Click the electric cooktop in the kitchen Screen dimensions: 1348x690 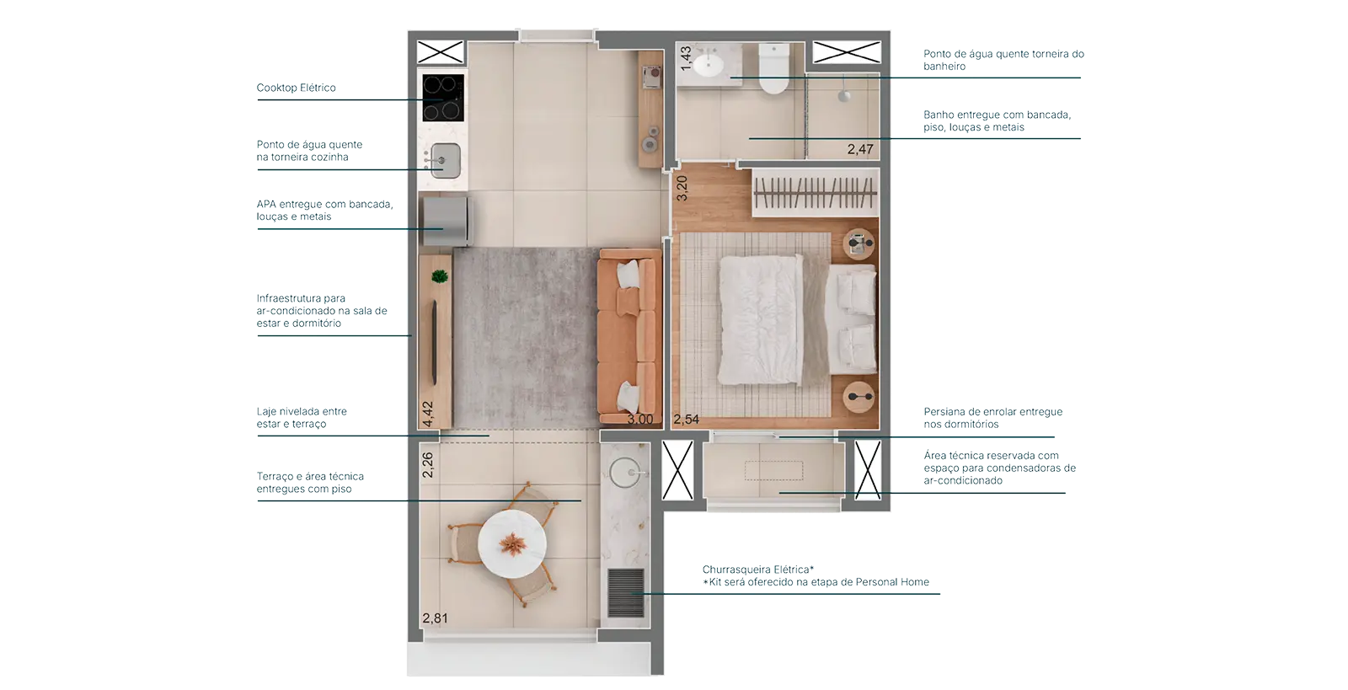click(x=443, y=98)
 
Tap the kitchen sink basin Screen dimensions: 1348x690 click(x=446, y=161)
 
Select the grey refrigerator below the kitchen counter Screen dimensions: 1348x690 click(x=447, y=222)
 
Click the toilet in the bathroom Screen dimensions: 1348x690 click(x=773, y=68)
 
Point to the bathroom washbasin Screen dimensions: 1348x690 click(x=709, y=64)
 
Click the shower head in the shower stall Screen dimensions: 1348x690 click(x=844, y=95)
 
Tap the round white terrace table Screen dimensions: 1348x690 click(x=512, y=544)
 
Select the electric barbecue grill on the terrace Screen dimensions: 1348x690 click(x=626, y=592)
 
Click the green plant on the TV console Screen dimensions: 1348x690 click(x=440, y=276)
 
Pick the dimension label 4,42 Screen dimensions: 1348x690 click(x=427, y=414)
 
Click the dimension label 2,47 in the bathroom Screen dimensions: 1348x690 click(x=860, y=149)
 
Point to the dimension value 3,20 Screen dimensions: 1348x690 click(x=682, y=188)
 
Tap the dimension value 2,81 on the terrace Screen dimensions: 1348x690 click(x=435, y=618)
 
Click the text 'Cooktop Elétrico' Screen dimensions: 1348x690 click(x=296, y=88)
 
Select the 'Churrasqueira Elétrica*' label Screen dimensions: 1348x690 click(x=758, y=569)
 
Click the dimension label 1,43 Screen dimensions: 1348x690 click(x=686, y=58)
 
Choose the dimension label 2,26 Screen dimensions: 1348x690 click(x=427, y=465)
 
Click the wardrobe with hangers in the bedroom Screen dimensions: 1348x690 click(x=816, y=192)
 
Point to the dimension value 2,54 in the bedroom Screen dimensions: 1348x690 click(x=686, y=420)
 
